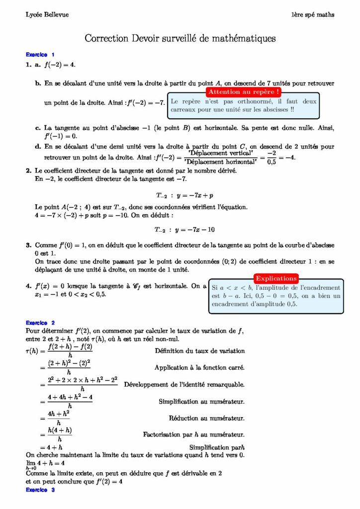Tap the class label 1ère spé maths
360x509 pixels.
coord(313,14)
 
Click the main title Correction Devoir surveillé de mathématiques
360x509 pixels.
coord(180,38)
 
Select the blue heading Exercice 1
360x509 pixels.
coord(40,55)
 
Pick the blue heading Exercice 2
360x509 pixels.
coord(40,323)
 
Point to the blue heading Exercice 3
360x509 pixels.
coord(40,490)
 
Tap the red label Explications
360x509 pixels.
coord(276,278)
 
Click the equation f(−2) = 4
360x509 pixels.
coord(60,65)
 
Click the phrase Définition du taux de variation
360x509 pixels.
coord(200,351)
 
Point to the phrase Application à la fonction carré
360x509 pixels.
coord(200,368)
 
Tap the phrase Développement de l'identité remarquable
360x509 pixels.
coord(184,384)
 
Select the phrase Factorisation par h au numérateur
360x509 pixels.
coord(194,434)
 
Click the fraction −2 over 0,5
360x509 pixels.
coord(271,157)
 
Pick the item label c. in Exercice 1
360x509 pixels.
coord(38,128)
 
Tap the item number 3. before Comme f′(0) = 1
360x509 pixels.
coord(29,245)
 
